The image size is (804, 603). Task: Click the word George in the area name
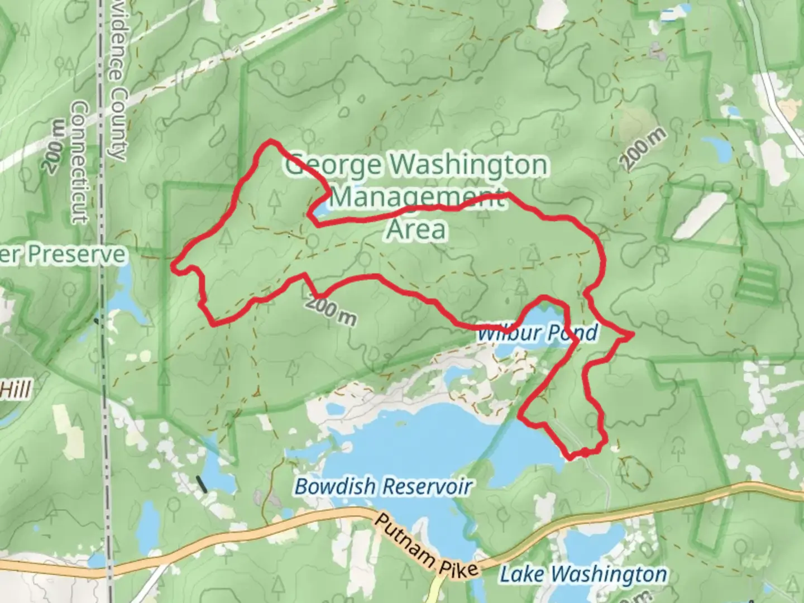coord(333,165)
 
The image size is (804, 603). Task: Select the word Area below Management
coord(417,229)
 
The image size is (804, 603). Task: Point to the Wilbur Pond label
coord(537,333)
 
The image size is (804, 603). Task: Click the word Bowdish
coord(334,486)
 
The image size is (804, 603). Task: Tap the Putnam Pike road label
coord(425,546)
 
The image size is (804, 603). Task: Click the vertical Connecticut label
coord(80,162)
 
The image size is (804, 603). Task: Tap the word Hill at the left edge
coord(15,390)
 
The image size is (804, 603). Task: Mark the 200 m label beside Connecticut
coord(54,146)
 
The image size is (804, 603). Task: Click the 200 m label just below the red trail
coord(331,311)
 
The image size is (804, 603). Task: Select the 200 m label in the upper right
coord(644,149)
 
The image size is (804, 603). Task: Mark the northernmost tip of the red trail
coord(271,141)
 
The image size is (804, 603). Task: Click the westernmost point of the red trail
coord(174,266)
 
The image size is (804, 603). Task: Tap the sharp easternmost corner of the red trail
coord(633,334)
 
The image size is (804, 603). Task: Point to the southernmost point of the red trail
coord(571,458)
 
